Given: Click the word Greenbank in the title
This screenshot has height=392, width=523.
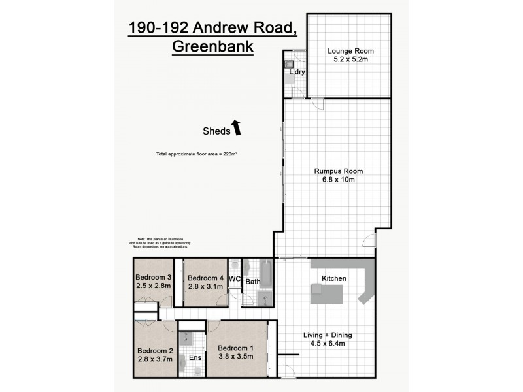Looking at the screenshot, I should (212, 47).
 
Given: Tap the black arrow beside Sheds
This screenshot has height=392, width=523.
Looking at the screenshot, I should (237, 127).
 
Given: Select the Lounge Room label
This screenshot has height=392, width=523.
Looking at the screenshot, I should (350, 50).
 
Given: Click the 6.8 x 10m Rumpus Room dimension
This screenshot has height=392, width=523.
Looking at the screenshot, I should (339, 181).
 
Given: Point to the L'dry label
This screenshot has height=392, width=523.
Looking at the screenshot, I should (298, 73).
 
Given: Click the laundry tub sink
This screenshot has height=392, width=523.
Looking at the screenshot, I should (289, 65).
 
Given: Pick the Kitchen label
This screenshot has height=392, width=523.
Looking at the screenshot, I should (333, 279).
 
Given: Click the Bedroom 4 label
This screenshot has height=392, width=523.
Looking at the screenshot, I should (205, 278).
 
